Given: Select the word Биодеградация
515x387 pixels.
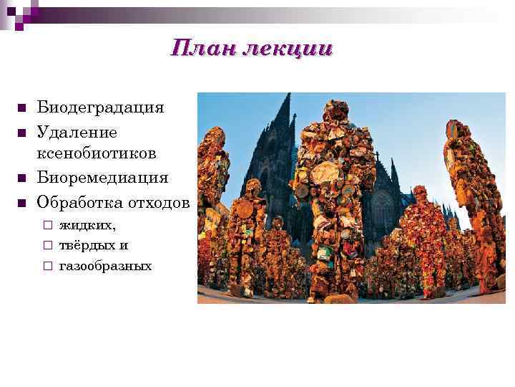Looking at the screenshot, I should [x=101, y=107].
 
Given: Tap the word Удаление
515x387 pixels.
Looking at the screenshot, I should [x=77, y=132].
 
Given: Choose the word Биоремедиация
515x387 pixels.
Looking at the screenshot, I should [x=103, y=177].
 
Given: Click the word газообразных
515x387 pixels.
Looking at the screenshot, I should [x=105, y=266].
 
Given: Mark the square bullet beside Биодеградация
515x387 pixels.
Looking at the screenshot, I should [x=21, y=109].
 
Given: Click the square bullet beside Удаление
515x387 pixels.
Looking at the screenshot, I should [x=21, y=133].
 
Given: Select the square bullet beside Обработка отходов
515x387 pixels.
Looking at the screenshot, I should [x=21, y=203].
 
